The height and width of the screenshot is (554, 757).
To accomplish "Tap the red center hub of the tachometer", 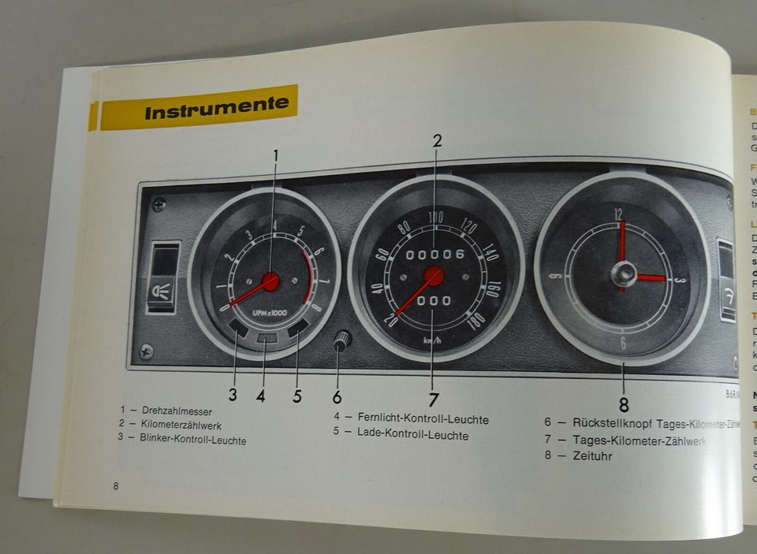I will coord(270,281).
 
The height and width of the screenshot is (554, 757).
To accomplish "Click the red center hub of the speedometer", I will coord(433,276).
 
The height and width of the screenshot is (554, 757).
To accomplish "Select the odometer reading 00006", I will coord(434,254).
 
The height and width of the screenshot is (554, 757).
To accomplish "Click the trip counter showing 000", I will coord(434,302).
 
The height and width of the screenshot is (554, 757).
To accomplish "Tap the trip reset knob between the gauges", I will coord(341,340).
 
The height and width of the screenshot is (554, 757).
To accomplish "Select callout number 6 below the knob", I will coord(337,396).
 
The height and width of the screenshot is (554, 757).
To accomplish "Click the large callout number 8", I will coord(624,406).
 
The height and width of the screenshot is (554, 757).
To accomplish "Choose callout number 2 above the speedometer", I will coord(437,142).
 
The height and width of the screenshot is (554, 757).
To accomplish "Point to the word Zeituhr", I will coord(593,455).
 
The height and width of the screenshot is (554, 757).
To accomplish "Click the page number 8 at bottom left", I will coord(116,485).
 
